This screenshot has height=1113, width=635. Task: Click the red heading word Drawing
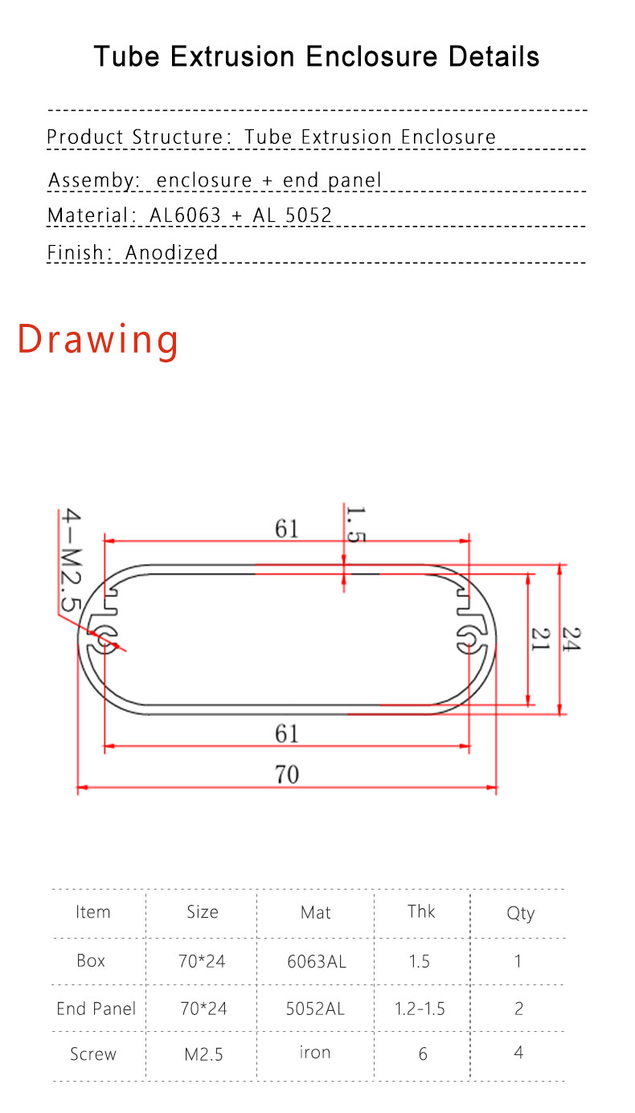click(x=98, y=341)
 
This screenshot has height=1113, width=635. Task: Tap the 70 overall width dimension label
click(x=287, y=775)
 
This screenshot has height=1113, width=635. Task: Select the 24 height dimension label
click(x=571, y=639)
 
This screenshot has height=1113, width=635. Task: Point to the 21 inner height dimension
click(x=541, y=639)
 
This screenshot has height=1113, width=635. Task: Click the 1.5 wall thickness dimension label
click(x=356, y=524)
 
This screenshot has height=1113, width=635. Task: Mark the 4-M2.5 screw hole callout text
click(x=71, y=559)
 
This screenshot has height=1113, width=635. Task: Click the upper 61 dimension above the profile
click(x=287, y=528)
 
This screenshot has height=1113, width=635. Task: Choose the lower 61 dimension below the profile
click(x=287, y=734)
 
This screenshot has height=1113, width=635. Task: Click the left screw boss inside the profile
click(x=103, y=640)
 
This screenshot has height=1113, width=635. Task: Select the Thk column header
click(x=421, y=911)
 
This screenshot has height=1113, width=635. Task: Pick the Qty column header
click(x=520, y=913)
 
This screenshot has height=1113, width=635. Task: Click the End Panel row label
click(x=96, y=1009)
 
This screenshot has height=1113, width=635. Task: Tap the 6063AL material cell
click(x=317, y=961)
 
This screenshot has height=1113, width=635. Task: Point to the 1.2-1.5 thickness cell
click(x=420, y=1009)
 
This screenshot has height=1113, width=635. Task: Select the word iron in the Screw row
click(x=315, y=1052)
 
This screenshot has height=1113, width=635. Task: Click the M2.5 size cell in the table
click(x=203, y=1054)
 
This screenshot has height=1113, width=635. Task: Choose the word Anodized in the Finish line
click(x=171, y=252)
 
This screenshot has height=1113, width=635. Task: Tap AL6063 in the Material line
click(x=185, y=215)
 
